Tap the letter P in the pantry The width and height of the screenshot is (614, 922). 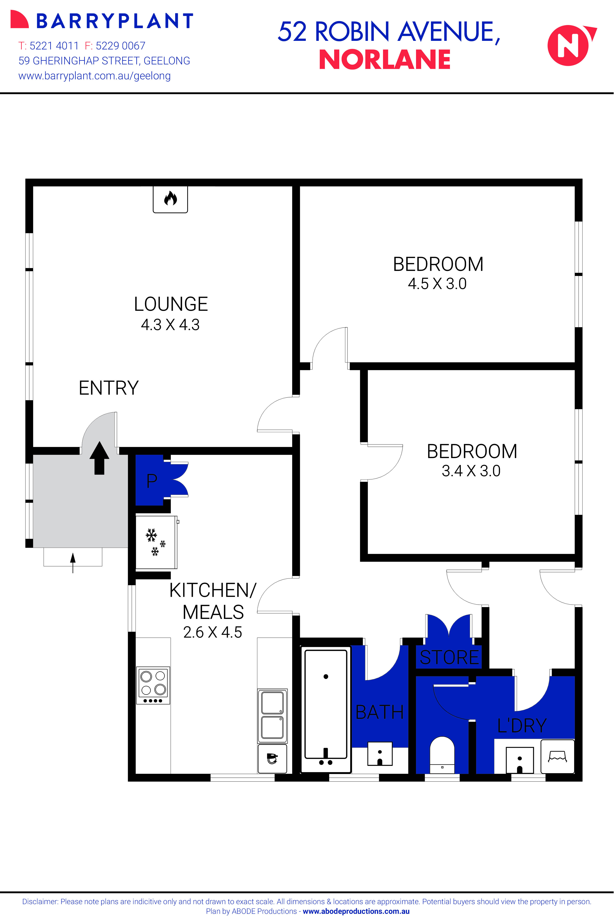pyautogui.click(x=151, y=481)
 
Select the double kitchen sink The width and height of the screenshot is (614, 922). pyautogui.click(x=272, y=716)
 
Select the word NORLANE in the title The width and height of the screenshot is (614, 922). pyautogui.click(x=384, y=60)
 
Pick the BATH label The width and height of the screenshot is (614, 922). pyautogui.click(x=379, y=712)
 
